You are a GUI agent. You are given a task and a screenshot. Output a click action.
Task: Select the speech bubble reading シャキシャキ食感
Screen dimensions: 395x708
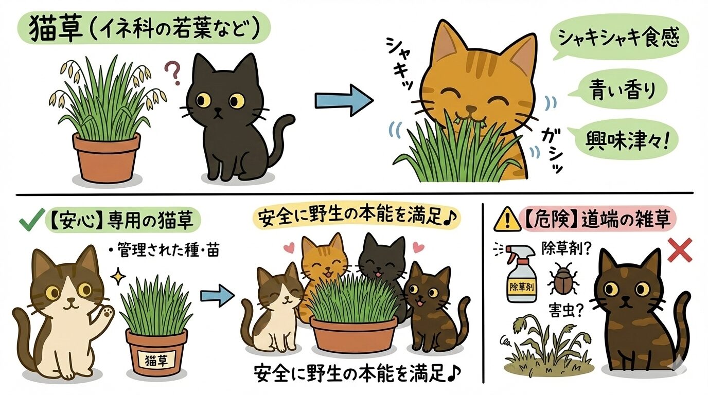621,39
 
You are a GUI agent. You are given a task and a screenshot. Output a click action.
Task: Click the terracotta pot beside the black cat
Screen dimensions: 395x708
106,156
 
